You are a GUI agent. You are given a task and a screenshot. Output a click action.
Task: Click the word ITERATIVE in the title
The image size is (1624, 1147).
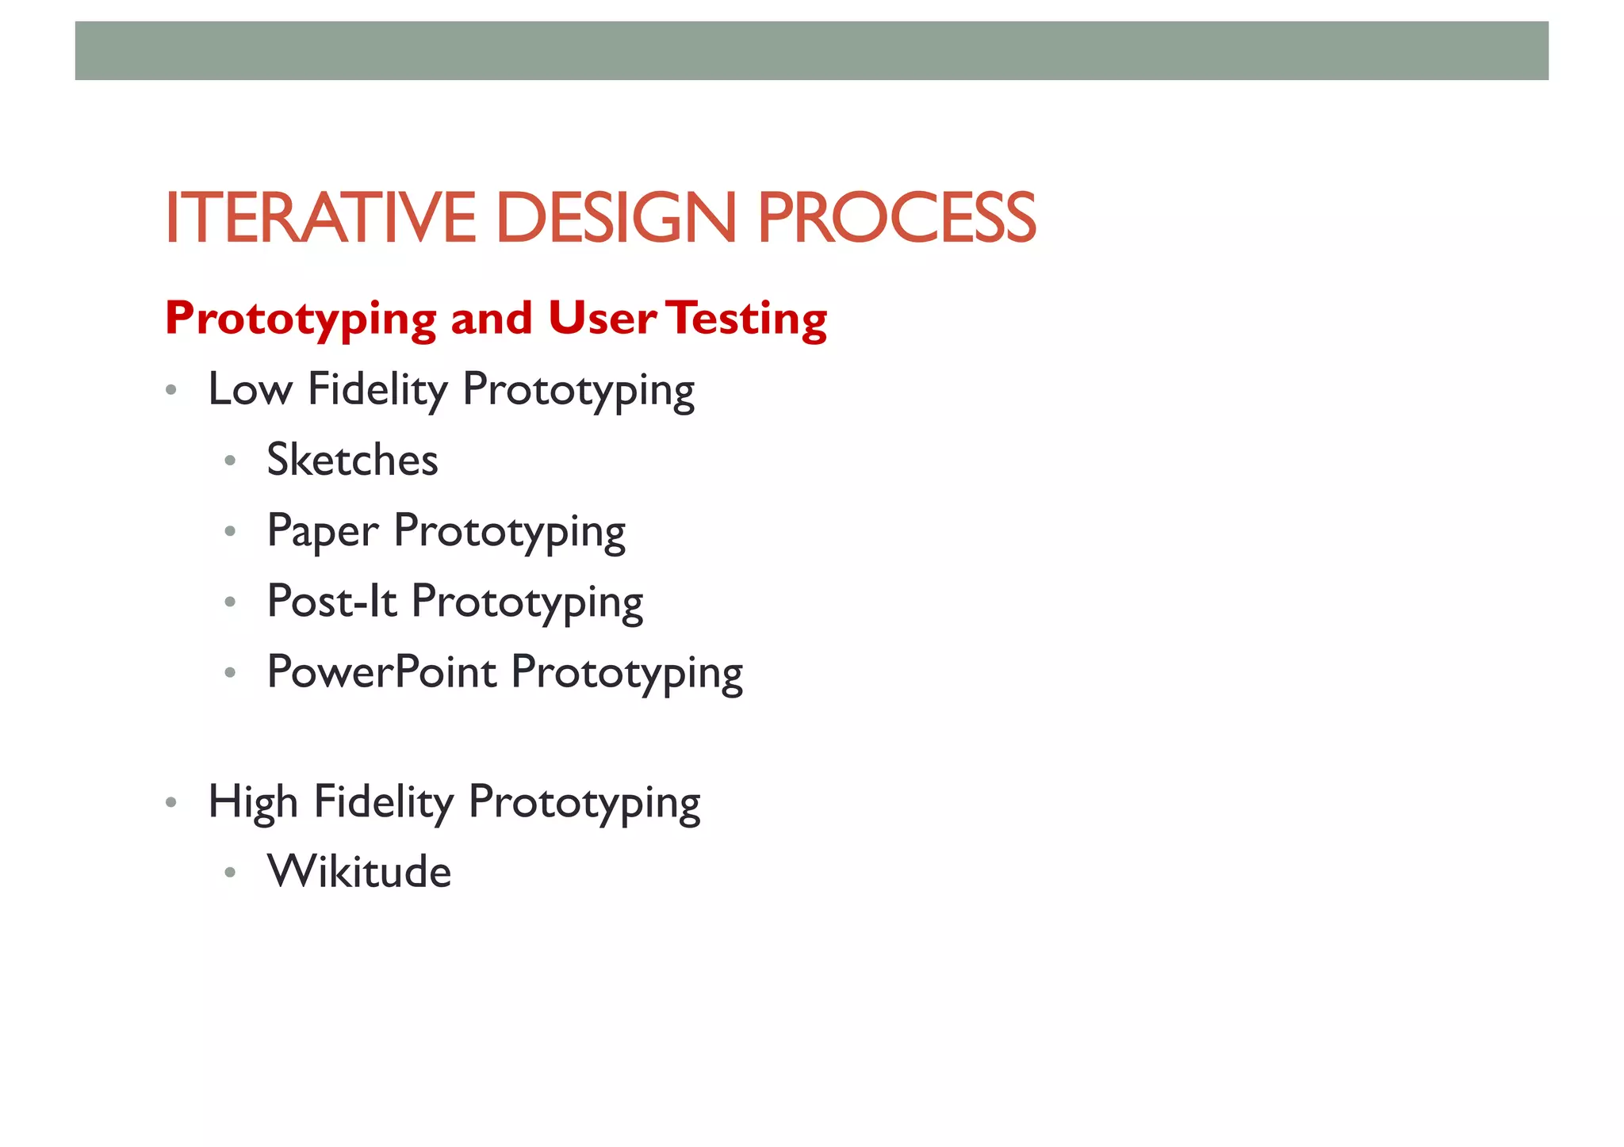pyautogui.click(x=320, y=218)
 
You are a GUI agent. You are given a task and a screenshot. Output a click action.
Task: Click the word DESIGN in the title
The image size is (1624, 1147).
pyautogui.click(x=616, y=218)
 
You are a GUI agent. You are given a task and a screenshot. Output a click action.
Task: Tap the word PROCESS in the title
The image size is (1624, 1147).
pyautogui.click(x=897, y=218)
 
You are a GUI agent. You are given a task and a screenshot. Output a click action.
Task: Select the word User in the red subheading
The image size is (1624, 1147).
pyautogui.click(x=602, y=319)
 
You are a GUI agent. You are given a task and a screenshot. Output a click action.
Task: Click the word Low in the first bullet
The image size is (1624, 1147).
pyautogui.click(x=250, y=389)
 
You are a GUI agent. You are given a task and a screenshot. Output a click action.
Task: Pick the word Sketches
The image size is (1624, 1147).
pyautogui.click(x=352, y=460)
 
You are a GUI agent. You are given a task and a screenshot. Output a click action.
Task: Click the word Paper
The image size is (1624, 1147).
pyautogui.click(x=323, y=531)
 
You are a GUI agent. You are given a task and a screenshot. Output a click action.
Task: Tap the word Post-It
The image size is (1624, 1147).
pyautogui.click(x=331, y=601)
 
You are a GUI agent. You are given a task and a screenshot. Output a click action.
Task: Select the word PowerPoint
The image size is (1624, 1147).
pyautogui.click(x=382, y=672)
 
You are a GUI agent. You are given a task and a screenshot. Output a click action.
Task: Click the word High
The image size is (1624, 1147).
pyautogui.click(x=253, y=802)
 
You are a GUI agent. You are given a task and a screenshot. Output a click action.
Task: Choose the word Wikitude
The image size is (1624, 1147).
pyautogui.click(x=359, y=872)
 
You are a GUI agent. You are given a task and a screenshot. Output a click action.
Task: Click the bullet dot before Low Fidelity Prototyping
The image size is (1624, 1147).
pyautogui.click(x=170, y=390)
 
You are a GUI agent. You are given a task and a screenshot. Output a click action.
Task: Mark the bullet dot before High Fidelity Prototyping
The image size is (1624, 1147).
pyautogui.click(x=170, y=803)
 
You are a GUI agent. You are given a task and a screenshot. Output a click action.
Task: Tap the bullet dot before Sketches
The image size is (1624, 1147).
pyautogui.click(x=230, y=461)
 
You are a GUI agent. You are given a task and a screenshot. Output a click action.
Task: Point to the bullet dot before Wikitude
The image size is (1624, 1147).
pyautogui.click(x=230, y=873)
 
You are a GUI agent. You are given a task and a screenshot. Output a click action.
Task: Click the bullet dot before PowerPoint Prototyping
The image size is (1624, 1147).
pyautogui.click(x=230, y=673)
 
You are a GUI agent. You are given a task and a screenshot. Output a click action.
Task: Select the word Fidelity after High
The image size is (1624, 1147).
pyautogui.click(x=383, y=802)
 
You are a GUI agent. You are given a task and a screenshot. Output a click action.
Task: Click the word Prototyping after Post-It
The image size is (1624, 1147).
pyautogui.click(x=527, y=602)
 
